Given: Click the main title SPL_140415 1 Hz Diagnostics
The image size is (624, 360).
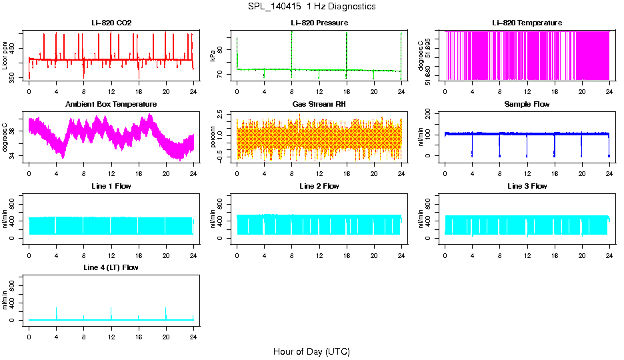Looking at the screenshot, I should pos(311,7).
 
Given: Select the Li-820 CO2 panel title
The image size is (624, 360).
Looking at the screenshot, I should pos(111,23).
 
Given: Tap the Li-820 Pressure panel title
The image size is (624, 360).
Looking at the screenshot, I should pos(319,23).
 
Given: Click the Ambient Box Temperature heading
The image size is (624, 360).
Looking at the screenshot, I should pos(111,105).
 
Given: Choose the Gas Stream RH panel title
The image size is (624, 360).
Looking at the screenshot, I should pos(319,105).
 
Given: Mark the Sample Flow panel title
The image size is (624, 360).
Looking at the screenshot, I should pos(527,105).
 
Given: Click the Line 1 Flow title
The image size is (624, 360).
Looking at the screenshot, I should pos(111,186).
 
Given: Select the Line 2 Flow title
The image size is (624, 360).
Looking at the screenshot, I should pos(319,186).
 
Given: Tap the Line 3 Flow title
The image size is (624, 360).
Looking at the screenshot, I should pos(527,186).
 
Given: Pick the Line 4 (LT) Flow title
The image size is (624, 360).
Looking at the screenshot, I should pos(111,267).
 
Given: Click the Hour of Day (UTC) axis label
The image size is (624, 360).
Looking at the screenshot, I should pos(311,351).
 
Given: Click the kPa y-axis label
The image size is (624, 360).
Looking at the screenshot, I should pos(213,56).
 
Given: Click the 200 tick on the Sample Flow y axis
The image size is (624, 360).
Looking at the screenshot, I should pos(430,113).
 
